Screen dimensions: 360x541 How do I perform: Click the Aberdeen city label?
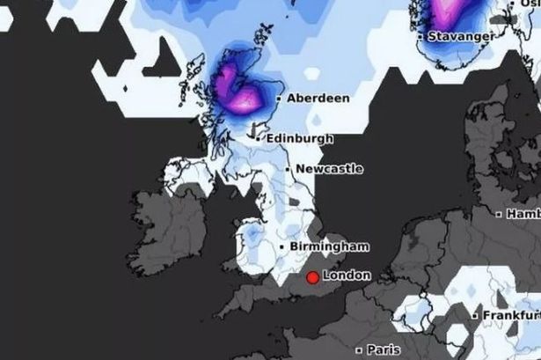pos(318,99)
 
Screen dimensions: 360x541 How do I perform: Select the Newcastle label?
pos(329,169)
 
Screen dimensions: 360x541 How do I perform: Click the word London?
pos(347,276)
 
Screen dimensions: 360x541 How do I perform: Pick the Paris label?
pos(383,349)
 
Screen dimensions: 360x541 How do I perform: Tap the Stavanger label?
pos(462,37)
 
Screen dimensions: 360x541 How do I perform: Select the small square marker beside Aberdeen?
pos(279,99)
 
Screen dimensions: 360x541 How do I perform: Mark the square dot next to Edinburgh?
pos(258,139)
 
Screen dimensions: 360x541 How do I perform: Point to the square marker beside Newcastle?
pos(288,169)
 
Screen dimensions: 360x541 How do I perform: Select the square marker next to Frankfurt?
pos(475,314)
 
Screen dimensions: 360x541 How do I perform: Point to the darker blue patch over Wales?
pos(252,235)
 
